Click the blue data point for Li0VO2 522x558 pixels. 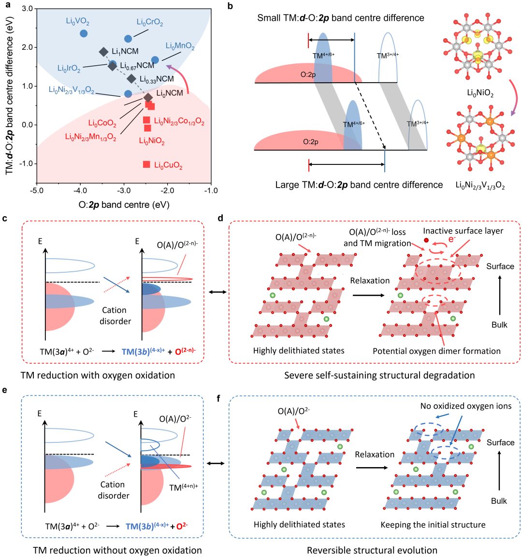(x=84, y=33)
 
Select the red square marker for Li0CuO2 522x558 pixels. (x=146, y=164)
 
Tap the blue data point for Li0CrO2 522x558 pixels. (x=128, y=39)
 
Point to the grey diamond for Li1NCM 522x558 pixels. (x=103, y=52)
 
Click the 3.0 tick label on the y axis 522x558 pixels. (x=28, y=9)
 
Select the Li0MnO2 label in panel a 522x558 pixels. (x=180, y=46)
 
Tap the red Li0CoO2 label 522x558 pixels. (x=102, y=124)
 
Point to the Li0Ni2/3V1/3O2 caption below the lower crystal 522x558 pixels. (x=480, y=185)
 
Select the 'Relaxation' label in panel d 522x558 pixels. (x=370, y=281)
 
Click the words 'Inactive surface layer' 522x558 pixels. (x=463, y=231)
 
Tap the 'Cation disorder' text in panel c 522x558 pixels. (x=115, y=315)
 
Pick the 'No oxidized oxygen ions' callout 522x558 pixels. (x=465, y=406)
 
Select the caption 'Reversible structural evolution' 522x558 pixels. (x=372, y=550)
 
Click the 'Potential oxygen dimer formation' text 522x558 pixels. (x=436, y=351)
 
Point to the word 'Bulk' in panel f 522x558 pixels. (x=499, y=501)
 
